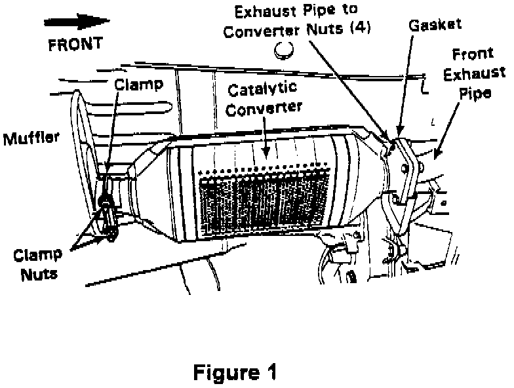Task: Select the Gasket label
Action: click(x=435, y=25)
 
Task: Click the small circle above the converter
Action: click(x=284, y=49)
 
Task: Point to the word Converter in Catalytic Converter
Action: click(x=266, y=107)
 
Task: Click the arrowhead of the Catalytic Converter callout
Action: click(x=266, y=155)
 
